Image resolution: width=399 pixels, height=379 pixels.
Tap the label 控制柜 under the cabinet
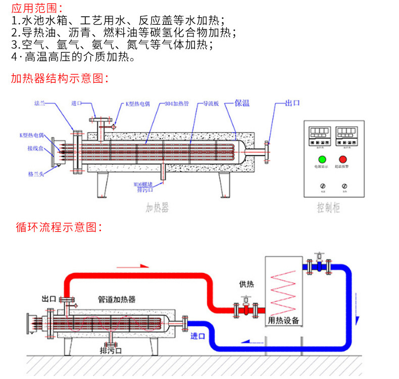click(x=328, y=207)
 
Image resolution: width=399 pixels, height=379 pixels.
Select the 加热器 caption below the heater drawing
click(x=157, y=207)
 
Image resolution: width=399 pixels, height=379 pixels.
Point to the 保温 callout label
click(x=242, y=103)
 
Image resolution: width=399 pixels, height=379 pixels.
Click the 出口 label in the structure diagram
click(x=292, y=103)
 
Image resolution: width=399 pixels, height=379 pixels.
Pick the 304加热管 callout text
click(x=177, y=103)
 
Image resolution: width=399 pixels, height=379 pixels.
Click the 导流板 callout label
click(x=210, y=103)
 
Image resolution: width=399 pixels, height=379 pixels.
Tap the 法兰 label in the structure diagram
click(x=40, y=103)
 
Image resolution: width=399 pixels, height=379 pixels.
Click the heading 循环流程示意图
click(x=59, y=227)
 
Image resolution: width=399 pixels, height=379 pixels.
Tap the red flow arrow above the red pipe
click(x=143, y=265)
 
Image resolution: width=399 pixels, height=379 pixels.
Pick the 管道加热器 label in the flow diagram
click(x=117, y=299)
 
